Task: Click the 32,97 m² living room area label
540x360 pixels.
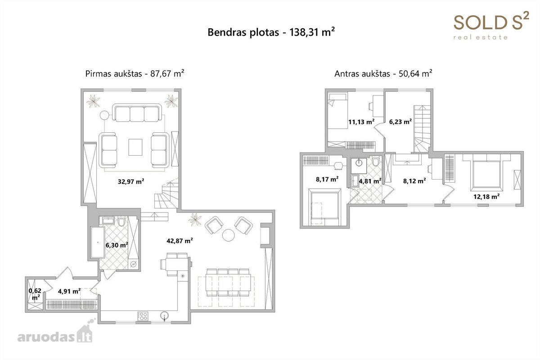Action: (131, 181)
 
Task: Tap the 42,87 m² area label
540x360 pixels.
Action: (180, 241)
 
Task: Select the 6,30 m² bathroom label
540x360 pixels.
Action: (117, 245)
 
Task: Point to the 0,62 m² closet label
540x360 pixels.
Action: (35, 294)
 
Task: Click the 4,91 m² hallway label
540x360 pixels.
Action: (69, 291)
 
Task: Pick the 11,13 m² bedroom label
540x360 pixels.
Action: (361, 122)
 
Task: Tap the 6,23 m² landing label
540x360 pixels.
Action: (400, 122)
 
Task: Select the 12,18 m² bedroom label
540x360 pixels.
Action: (486, 197)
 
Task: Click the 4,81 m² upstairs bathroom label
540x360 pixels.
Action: (370, 181)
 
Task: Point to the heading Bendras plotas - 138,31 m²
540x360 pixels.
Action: (271, 32)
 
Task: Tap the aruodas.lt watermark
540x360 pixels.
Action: (55, 332)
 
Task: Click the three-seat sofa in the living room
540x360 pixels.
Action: (137, 112)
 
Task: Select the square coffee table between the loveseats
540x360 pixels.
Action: (135, 147)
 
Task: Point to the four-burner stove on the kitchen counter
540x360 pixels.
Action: (143, 316)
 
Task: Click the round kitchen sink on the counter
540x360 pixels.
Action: (164, 315)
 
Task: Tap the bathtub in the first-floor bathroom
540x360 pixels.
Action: (98, 243)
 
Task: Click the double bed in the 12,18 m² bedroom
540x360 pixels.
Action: (486, 174)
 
